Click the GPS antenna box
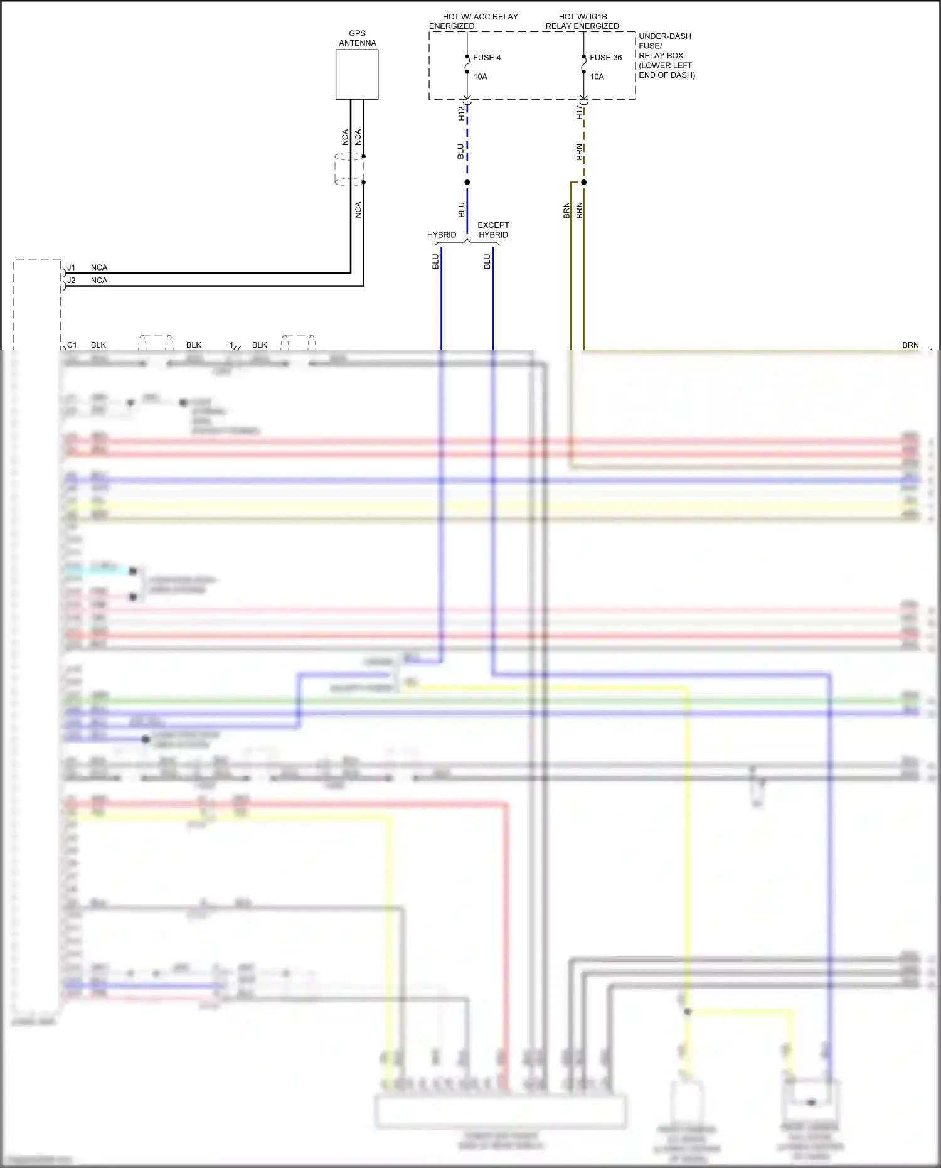(x=356, y=74)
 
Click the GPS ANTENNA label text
(x=357, y=38)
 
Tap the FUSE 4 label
(x=487, y=58)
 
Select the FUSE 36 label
(x=605, y=58)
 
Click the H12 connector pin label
(x=461, y=113)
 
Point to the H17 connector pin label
(x=579, y=112)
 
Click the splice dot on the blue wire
(x=467, y=183)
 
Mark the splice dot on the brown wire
(x=583, y=183)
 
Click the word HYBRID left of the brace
(x=442, y=235)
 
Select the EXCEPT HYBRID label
(x=493, y=230)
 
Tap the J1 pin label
(x=72, y=267)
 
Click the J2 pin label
(x=72, y=281)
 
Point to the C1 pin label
(x=72, y=345)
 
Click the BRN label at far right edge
(x=910, y=345)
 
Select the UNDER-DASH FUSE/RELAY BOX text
(x=666, y=55)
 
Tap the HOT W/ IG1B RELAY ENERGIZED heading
(x=582, y=21)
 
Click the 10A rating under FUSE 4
(x=480, y=77)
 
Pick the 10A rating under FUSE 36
(x=597, y=77)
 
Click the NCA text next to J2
(x=99, y=281)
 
